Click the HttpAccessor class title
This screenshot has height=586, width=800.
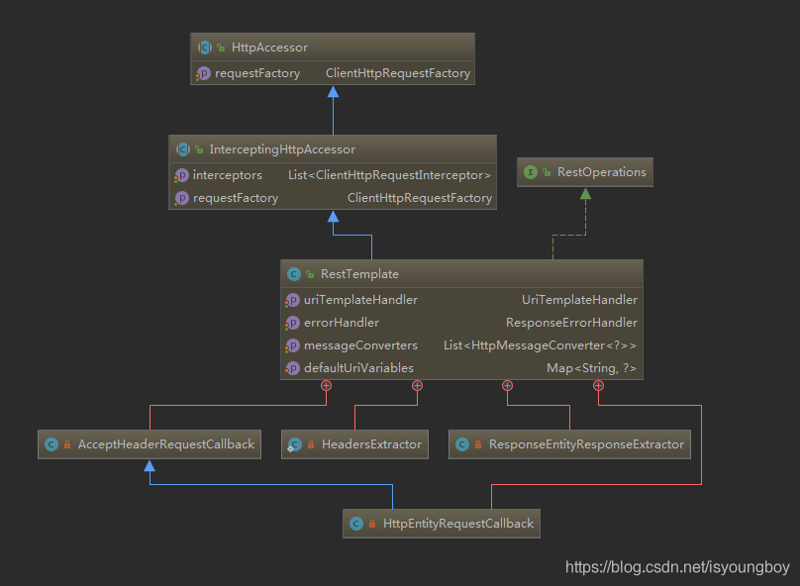pos(268,48)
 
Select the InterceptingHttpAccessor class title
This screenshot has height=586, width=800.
pos(282,149)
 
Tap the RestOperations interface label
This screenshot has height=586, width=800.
pos(601,172)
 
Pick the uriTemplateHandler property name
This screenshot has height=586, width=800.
pos(360,300)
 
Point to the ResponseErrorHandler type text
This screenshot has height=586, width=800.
pos(571,323)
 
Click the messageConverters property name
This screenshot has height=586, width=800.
pos(360,345)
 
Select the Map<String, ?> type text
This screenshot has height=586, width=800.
pos(591,368)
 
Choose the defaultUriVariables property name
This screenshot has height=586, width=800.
pos(358,368)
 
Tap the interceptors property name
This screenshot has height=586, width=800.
pos(228,175)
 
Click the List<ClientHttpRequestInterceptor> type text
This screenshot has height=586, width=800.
pos(389,175)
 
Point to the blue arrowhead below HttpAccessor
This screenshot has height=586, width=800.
pos(333,92)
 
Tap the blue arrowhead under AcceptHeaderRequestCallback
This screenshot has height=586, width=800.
pos(150,464)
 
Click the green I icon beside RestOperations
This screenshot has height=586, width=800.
pos(531,172)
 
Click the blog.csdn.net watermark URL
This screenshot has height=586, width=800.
pos(677,567)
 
